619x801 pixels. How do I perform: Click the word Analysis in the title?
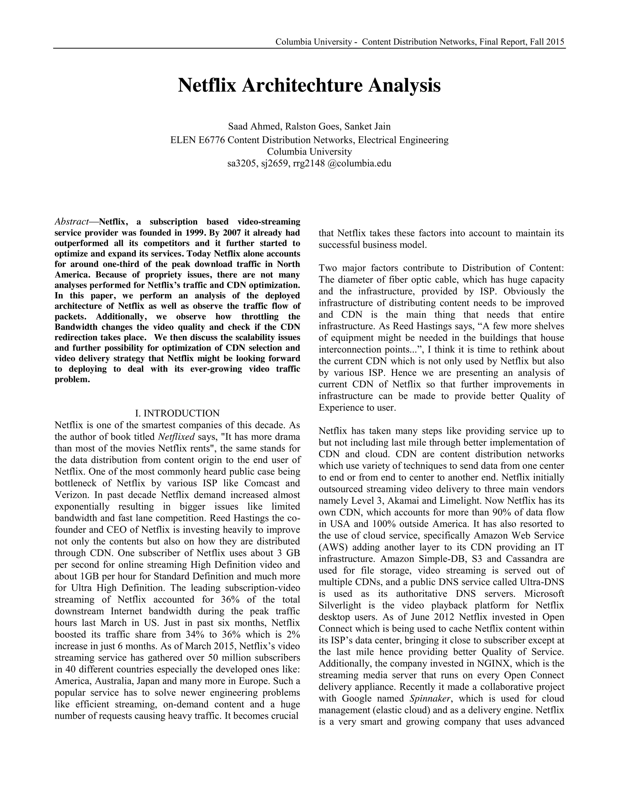(404, 86)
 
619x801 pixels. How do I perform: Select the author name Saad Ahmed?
(254, 127)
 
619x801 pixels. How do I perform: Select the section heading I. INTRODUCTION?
(177, 413)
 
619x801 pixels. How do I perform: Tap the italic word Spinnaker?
(430, 698)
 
